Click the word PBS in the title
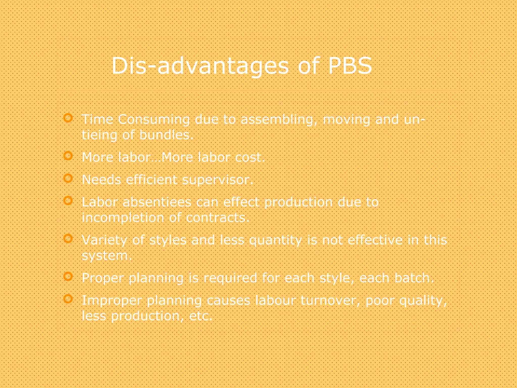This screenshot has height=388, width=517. (x=350, y=66)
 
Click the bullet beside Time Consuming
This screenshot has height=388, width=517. (x=68, y=118)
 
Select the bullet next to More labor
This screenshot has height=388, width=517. (x=68, y=156)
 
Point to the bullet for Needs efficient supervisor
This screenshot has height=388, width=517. (x=68, y=178)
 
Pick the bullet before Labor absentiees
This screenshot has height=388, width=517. (x=68, y=201)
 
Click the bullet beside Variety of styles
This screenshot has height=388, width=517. (x=68, y=238)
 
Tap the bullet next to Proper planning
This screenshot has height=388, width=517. (x=68, y=276)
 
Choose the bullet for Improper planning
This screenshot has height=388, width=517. (x=68, y=299)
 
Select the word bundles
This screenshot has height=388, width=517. (x=166, y=135)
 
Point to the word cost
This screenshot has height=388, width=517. (x=250, y=157)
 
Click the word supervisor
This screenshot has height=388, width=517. (x=217, y=180)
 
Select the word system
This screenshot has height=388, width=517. (x=106, y=256)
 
